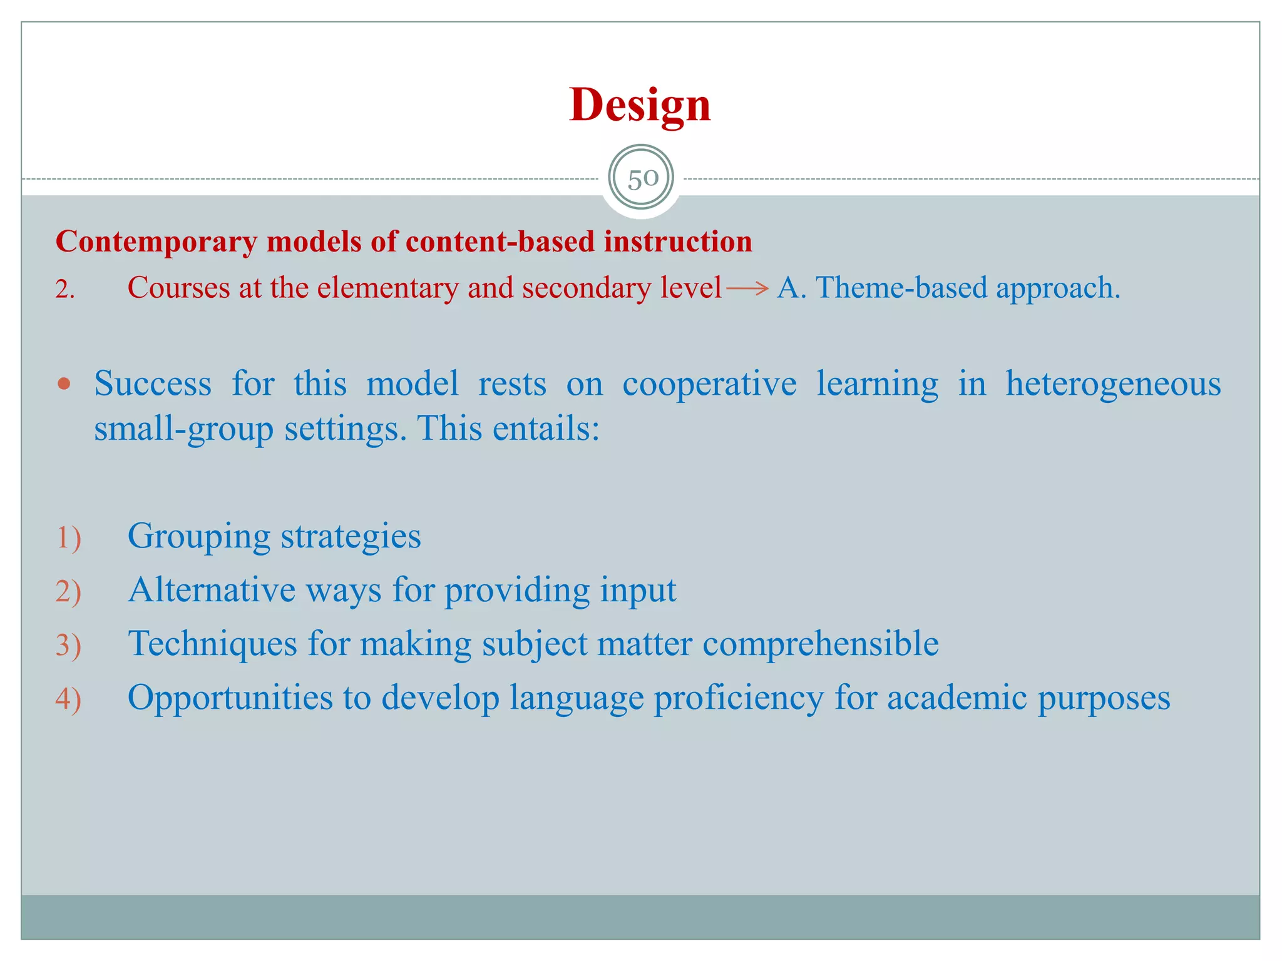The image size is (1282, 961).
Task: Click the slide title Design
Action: click(640, 104)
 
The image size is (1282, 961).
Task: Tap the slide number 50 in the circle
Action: click(642, 179)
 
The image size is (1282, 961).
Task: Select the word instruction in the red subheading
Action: click(677, 242)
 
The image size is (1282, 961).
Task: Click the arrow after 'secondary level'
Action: click(747, 288)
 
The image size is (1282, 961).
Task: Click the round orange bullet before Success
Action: click(64, 384)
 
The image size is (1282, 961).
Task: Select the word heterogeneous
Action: click(1112, 384)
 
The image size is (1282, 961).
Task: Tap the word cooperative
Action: click(709, 384)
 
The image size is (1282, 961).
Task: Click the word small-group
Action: click(183, 430)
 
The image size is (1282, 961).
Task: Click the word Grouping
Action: click(198, 537)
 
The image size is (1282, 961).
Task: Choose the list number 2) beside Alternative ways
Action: click(68, 592)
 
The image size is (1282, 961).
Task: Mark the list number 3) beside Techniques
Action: click(68, 646)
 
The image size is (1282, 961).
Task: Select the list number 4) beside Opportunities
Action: click(68, 699)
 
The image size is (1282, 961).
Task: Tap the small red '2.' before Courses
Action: click(64, 290)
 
